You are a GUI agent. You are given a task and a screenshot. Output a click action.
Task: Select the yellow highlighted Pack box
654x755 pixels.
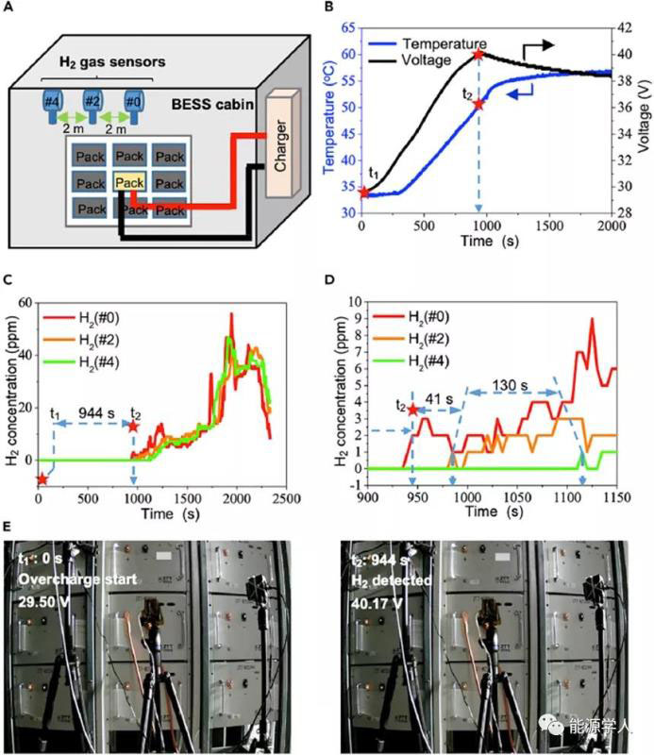tap(130, 182)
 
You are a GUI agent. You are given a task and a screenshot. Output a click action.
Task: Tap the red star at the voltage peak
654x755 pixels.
tap(478, 55)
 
